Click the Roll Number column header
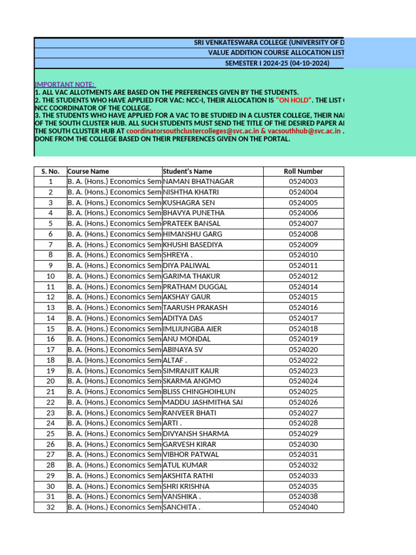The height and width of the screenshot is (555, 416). [303, 171]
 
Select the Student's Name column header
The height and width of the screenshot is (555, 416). [187, 171]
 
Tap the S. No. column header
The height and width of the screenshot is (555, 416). [50, 171]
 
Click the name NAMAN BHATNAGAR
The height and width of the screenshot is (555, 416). [198, 182]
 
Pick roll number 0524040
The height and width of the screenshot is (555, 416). [303, 507]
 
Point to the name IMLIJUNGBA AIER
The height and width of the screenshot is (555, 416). [192, 329]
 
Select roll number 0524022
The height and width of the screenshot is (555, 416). [303, 360]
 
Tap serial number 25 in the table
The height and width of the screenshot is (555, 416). [50, 434]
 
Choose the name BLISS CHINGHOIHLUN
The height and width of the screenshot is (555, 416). [199, 392]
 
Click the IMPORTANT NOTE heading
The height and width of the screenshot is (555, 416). [65, 85]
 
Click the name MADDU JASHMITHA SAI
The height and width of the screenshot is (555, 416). [203, 402]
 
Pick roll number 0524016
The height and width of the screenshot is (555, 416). [303, 308]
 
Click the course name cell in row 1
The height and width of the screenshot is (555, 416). [114, 182]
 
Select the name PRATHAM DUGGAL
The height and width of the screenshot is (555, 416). [195, 287]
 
